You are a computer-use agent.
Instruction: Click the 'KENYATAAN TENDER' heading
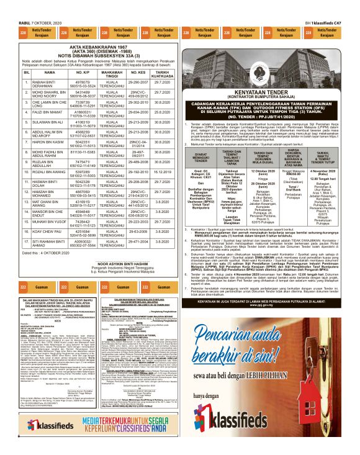click(269, 91)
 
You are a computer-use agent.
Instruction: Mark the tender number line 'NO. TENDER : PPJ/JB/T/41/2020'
click(269, 115)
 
